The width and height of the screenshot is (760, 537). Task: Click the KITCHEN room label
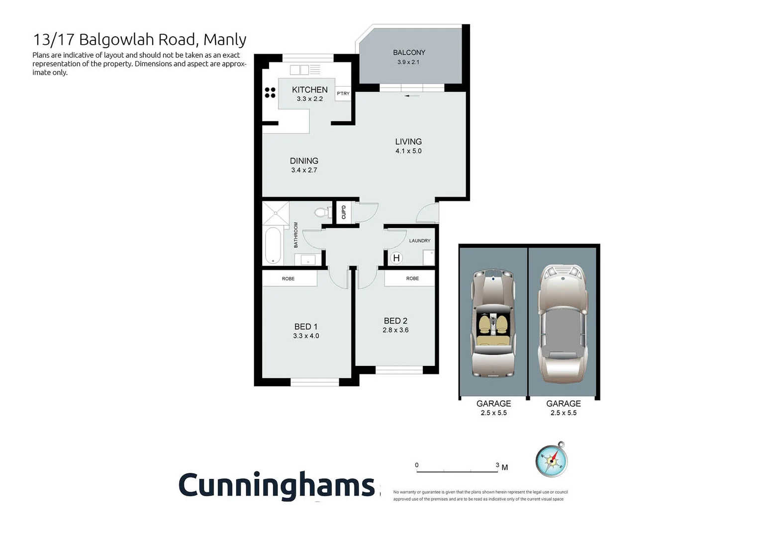tap(309, 89)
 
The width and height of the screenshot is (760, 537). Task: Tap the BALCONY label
tap(409, 52)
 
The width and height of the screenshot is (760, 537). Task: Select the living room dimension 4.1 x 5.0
tap(408, 151)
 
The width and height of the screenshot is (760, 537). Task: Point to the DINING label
tap(304, 161)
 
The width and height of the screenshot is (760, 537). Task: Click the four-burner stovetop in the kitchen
tap(270, 92)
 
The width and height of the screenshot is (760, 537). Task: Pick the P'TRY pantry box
tap(343, 93)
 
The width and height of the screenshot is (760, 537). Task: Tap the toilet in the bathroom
tap(323, 213)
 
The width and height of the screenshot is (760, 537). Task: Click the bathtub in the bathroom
tap(273, 245)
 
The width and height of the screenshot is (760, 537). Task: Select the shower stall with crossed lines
tap(276, 213)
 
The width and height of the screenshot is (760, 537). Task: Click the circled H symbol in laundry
tap(396, 258)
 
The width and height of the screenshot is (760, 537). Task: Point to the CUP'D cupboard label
tap(344, 212)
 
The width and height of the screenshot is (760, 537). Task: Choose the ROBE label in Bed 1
tap(288, 278)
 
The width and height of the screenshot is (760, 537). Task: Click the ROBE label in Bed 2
tap(412, 278)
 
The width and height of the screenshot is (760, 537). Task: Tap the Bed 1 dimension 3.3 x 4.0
tap(306, 336)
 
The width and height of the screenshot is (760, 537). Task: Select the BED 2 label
tap(395, 321)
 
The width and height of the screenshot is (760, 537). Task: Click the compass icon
tap(552, 460)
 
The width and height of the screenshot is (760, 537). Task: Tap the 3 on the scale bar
tap(497, 465)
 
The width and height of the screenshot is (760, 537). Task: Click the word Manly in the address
tap(225, 39)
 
